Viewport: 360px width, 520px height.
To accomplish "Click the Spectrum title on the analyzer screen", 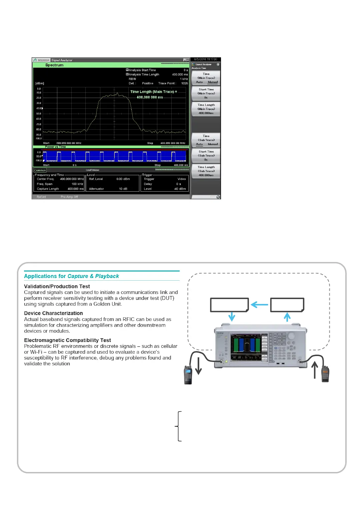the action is point(54,65).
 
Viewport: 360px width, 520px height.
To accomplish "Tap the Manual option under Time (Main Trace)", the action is point(213,82).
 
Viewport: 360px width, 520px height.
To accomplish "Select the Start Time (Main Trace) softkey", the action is point(206,93).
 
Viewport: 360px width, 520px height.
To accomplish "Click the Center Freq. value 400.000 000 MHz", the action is point(72,179).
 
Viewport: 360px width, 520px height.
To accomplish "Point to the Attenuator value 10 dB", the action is point(123,189).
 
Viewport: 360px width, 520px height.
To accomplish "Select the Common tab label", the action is point(40,170).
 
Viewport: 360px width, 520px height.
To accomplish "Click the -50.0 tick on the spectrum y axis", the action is point(39,114).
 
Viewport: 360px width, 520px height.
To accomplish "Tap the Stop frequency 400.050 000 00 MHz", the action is point(173,143).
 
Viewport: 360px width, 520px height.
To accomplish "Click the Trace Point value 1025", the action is point(184,83).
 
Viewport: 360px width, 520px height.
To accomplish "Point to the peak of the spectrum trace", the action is point(117,94).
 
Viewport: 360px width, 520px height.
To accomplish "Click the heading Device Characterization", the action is point(53,313).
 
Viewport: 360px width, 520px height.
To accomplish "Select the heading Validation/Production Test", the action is point(57,286).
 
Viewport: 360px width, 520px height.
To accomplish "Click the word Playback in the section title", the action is point(107,276).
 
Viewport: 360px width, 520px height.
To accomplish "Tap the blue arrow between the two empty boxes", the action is point(259,305).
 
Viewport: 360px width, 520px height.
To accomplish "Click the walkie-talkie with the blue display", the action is point(188,375).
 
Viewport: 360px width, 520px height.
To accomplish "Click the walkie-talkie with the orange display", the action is point(325,374).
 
